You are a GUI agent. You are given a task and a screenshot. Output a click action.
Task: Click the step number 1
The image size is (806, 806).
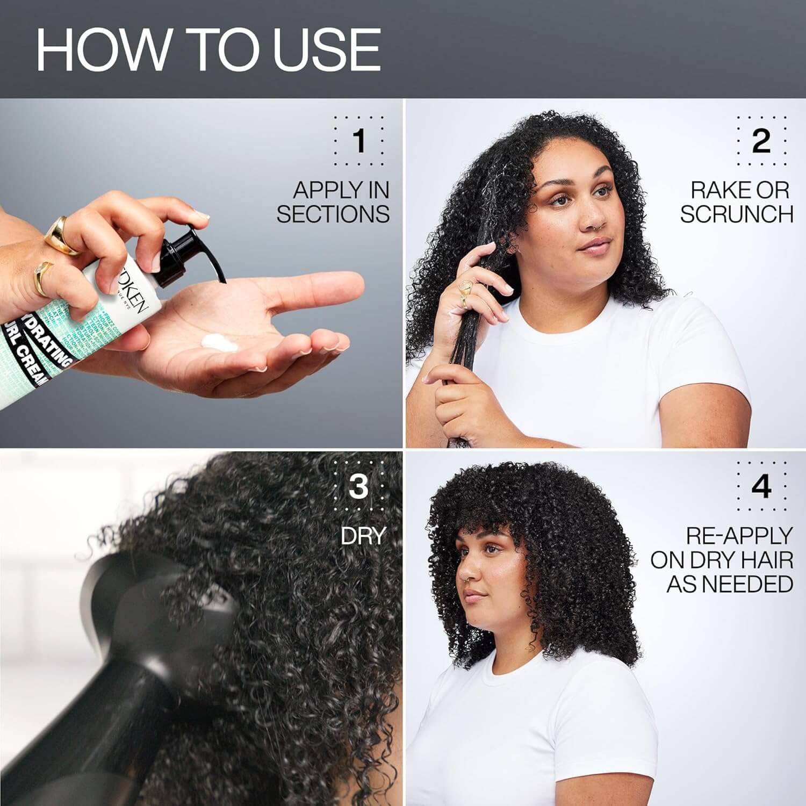359,140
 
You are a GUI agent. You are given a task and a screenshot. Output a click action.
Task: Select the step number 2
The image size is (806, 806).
761,140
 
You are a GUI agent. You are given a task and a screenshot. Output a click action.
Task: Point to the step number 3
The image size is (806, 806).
358,486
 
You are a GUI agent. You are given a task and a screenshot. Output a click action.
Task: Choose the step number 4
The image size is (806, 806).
761,486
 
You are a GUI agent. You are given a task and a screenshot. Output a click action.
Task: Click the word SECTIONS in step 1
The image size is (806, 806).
333,214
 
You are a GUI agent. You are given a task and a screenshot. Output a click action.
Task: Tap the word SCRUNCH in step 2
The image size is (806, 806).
737,214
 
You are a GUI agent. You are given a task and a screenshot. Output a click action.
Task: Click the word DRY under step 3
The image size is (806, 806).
364,535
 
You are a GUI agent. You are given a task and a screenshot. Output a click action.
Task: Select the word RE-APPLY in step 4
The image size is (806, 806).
739,535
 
